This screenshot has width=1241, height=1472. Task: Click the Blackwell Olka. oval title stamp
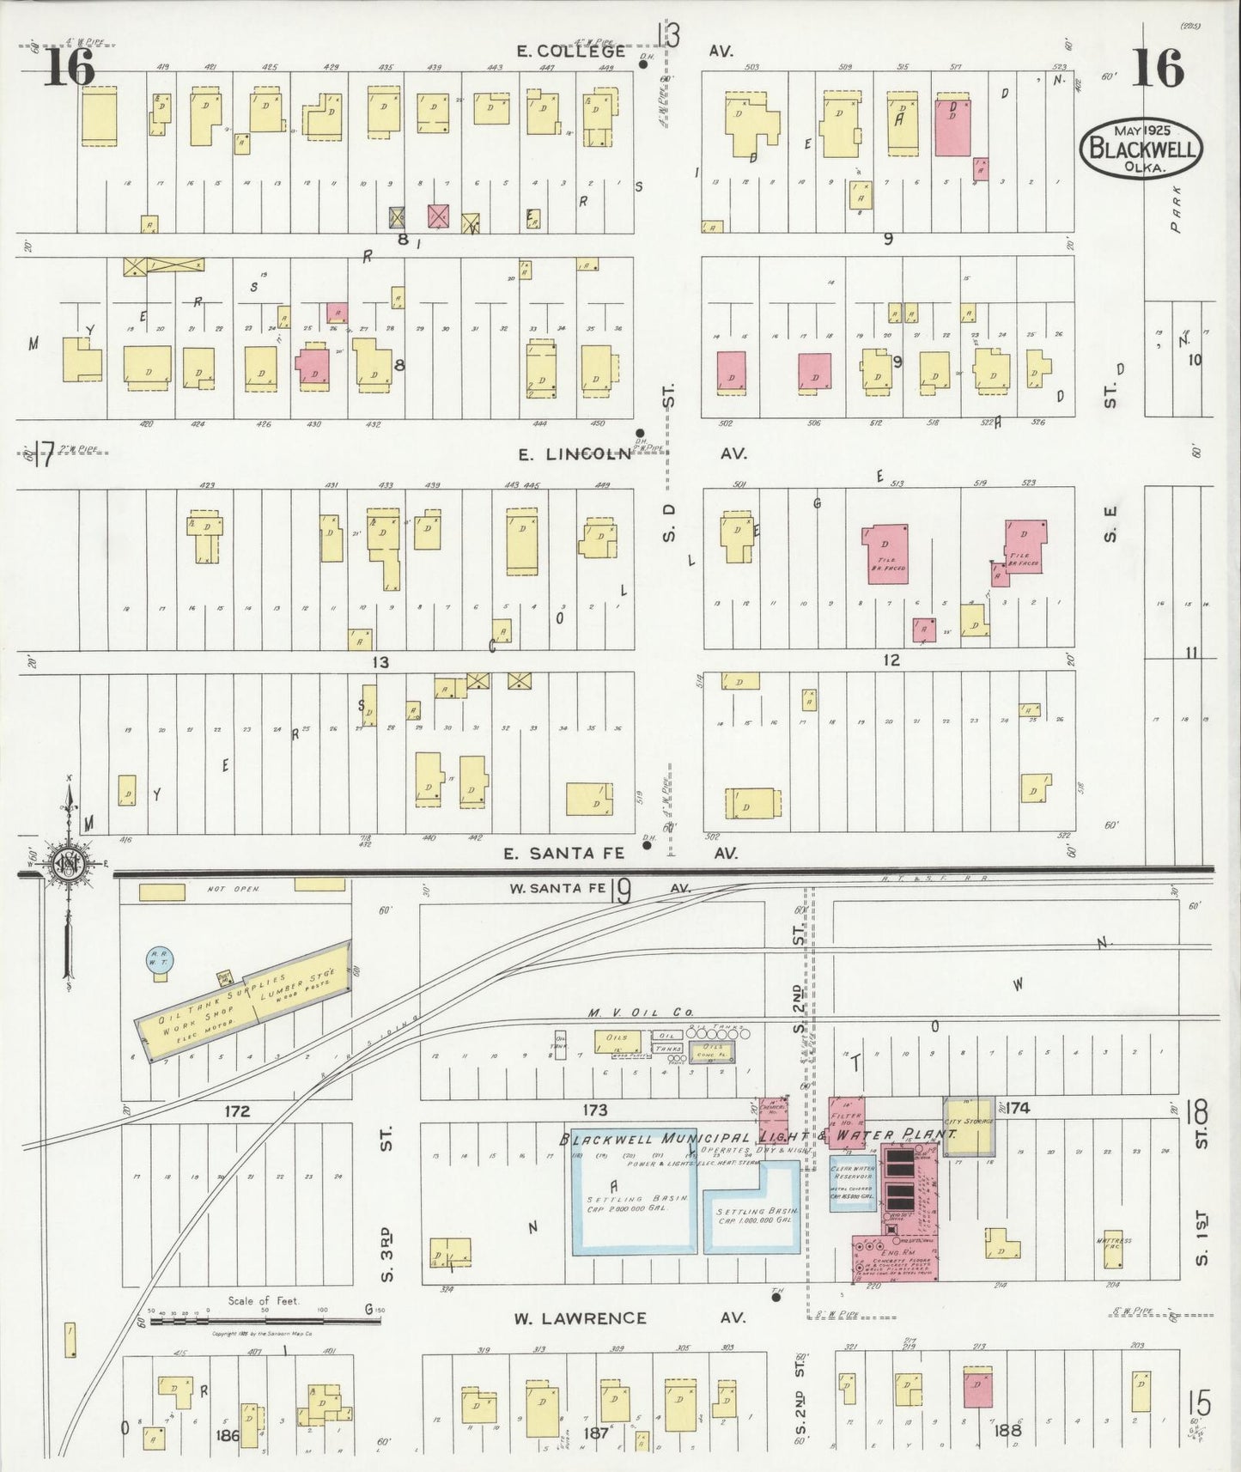(1141, 149)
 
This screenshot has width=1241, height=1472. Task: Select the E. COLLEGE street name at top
(571, 51)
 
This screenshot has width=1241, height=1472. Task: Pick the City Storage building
(969, 1125)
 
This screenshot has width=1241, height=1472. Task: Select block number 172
(237, 1110)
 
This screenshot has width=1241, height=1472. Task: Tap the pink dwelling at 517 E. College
(952, 127)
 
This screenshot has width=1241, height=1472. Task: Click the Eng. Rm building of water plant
(893, 1257)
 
